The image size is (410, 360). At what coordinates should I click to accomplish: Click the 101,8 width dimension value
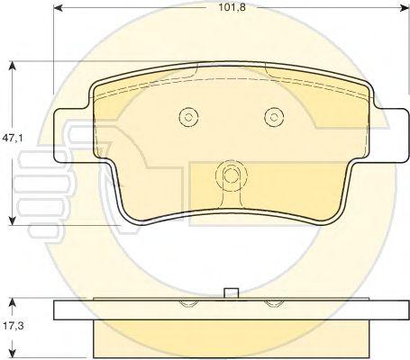click(232, 7)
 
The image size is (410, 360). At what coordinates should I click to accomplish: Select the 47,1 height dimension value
click(13, 138)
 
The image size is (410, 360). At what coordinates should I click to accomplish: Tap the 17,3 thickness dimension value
click(13, 325)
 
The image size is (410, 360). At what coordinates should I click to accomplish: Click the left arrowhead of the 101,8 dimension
click(58, 8)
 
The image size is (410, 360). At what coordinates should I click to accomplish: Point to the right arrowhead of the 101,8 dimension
click(405, 8)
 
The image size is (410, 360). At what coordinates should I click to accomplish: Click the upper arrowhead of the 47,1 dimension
click(12, 66)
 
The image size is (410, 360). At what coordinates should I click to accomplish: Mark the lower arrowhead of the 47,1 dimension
click(12, 220)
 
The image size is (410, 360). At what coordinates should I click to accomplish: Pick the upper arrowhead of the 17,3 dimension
click(12, 302)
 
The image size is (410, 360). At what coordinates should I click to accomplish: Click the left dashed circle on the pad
click(188, 117)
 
